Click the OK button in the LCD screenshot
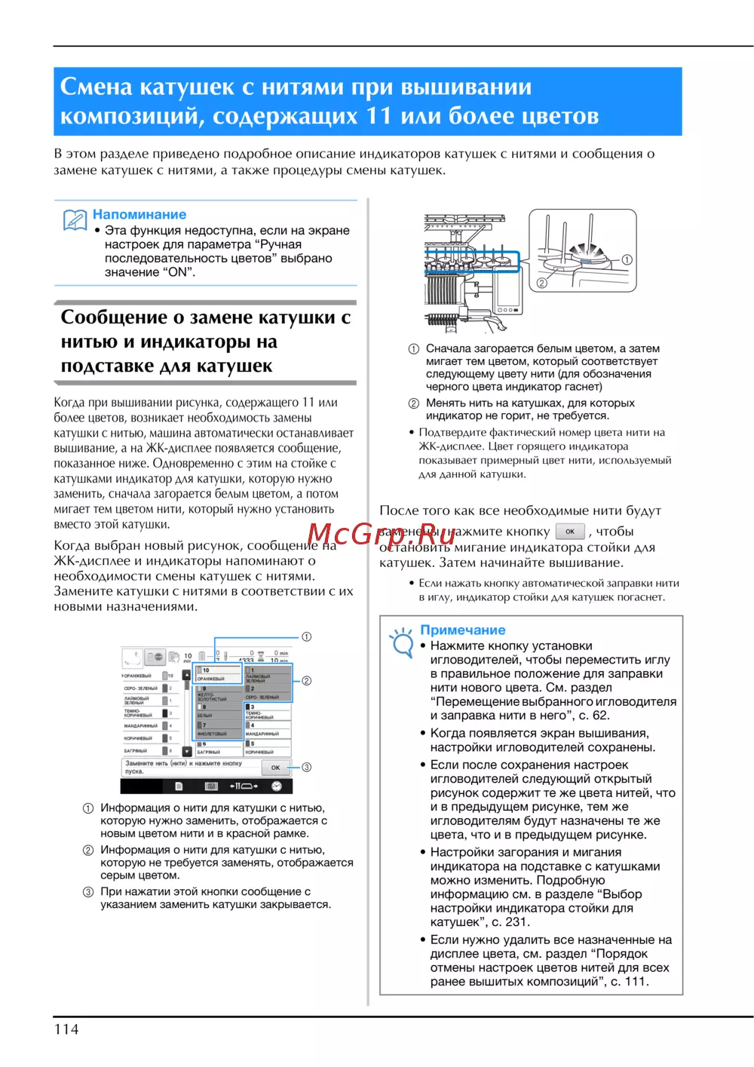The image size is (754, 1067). pos(275,768)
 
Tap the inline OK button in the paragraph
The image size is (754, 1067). pos(570,531)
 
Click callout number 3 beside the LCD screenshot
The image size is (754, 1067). pos(307,767)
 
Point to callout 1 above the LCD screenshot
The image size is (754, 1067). pos(307,637)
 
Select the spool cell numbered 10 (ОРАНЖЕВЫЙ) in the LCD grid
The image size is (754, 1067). pos(219,673)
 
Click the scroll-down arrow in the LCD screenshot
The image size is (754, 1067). pos(187,752)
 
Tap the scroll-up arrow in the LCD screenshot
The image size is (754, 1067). pos(187,675)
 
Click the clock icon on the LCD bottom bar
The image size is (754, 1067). pos(277,786)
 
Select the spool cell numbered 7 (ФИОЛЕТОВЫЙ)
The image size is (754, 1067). pos(219,729)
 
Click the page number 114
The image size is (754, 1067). pos(66,1029)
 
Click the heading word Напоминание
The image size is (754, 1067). pos(139,215)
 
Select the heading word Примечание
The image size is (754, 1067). pos(463,630)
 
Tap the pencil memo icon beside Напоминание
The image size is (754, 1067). pos(75,220)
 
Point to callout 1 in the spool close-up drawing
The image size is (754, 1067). pos(627,259)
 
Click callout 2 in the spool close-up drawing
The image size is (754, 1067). pos(541,284)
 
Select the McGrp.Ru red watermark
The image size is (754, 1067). pos(381,533)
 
